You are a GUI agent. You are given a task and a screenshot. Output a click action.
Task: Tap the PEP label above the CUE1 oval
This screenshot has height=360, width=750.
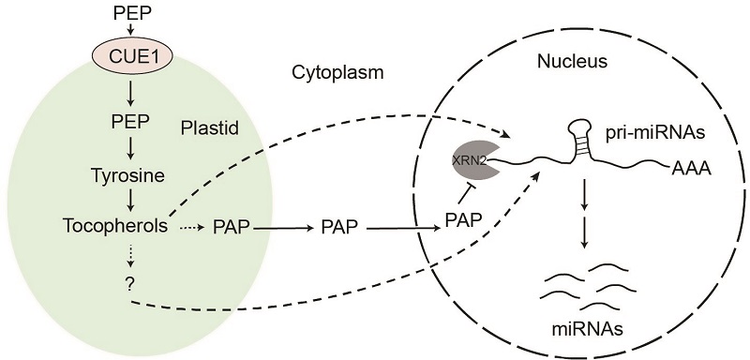(x=132, y=13)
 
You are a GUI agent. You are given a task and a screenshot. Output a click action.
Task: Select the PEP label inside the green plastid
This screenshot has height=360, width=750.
(x=129, y=122)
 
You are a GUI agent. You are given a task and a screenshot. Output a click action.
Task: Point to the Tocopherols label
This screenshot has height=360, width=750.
(x=115, y=225)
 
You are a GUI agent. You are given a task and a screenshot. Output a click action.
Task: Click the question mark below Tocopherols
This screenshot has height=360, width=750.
(x=129, y=283)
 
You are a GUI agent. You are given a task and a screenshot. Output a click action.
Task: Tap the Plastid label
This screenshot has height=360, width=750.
(x=210, y=128)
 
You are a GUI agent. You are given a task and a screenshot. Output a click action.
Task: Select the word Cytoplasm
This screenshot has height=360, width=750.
(x=337, y=72)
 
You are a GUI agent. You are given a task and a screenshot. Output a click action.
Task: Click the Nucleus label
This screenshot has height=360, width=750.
(x=572, y=61)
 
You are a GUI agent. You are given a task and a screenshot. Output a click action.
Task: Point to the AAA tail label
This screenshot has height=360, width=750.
(x=690, y=169)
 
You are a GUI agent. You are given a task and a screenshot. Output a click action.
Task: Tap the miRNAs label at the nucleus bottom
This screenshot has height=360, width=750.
(x=584, y=329)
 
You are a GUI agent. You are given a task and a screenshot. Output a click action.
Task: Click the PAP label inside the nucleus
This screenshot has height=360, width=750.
(x=462, y=220)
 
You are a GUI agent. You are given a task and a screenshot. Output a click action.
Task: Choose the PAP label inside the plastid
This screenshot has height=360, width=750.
(x=231, y=228)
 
